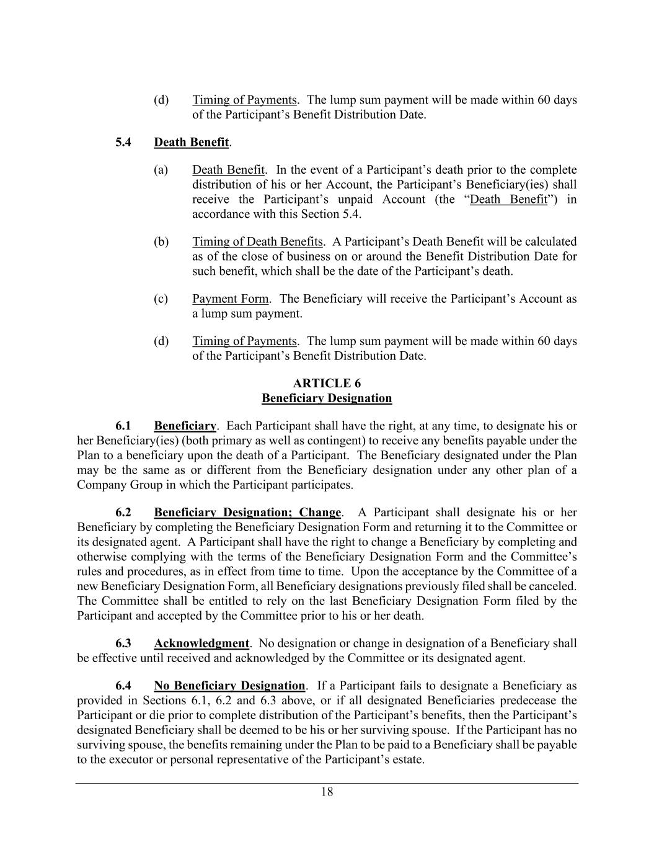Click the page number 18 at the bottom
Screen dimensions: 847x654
coord(327,792)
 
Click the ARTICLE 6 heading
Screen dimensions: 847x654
coord(327,383)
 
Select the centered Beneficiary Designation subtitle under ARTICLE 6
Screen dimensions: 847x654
coord(327,398)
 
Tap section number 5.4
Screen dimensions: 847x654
coord(123,142)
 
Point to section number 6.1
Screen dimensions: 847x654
coord(123,426)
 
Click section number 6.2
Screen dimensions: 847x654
coord(123,512)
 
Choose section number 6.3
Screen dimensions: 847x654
coord(123,643)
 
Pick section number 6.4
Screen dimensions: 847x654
coord(123,686)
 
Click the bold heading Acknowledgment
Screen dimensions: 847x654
coord(201,643)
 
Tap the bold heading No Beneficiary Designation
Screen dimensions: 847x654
coord(229,686)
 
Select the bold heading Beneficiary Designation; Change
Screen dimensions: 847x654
coord(247,512)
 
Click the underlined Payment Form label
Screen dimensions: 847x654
coord(230,298)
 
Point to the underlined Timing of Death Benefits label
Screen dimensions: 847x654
coord(257,241)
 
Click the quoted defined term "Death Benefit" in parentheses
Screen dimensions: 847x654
coord(508,199)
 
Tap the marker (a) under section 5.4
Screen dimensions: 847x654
coord(161,169)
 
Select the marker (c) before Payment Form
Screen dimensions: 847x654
coord(161,298)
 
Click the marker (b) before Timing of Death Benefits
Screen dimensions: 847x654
coord(161,241)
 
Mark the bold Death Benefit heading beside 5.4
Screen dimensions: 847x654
coord(191,142)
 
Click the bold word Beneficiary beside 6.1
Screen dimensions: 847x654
coord(185,426)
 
